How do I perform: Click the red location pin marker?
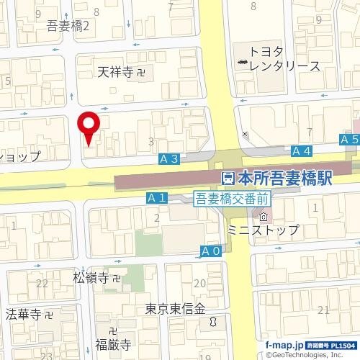pyautogui.click(x=89, y=127)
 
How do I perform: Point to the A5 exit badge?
pyautogui.click(x=349, y=139)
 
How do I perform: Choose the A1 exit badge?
pyautogui.click(x=157, y=197)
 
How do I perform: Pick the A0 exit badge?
pyautogui.click(x=210, y=251)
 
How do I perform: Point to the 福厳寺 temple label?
pyautogui.click(x=112, y=344)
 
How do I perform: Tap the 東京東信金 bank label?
pyautogui.click(x=175, y=308)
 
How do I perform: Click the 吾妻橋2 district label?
pyautogui.click(x=67, y=27)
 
